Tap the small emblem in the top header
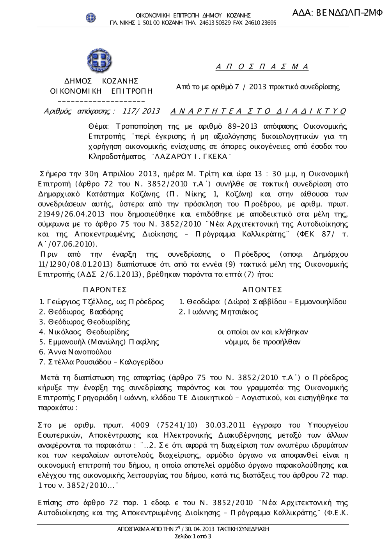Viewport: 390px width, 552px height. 91,17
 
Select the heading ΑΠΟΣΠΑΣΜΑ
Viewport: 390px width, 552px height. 262,67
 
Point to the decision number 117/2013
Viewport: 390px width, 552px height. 141,112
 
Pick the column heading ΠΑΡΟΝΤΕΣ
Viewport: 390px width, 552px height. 105,290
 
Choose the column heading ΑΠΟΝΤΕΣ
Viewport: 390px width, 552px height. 262,290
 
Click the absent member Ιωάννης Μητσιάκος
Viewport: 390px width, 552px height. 222,312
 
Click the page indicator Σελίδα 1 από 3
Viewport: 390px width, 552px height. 193,536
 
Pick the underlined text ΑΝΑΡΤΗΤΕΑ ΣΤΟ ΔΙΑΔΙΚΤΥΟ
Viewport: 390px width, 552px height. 258,112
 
